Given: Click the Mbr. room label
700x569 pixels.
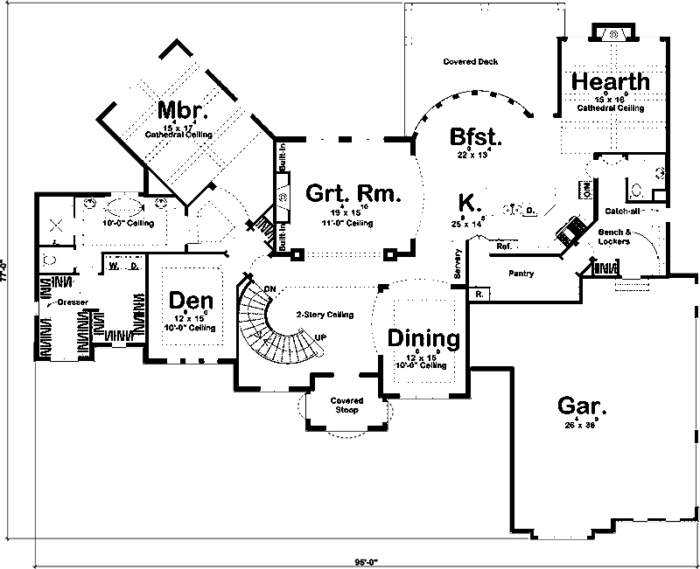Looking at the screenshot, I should coord(182,110).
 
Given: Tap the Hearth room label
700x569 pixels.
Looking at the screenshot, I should coord(611,81).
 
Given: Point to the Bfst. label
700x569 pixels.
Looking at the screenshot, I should coord(474,137).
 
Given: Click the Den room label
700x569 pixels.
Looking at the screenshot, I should coord(189,300).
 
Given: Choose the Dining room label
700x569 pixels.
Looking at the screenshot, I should coord(423,337).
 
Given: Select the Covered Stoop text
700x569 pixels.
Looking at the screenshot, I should coord(346,405).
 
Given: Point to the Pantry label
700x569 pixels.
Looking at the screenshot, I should coord(521,274).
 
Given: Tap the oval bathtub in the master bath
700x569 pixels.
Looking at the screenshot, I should coord(122,209).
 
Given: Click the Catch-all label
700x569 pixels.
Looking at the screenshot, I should coord(623,212).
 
